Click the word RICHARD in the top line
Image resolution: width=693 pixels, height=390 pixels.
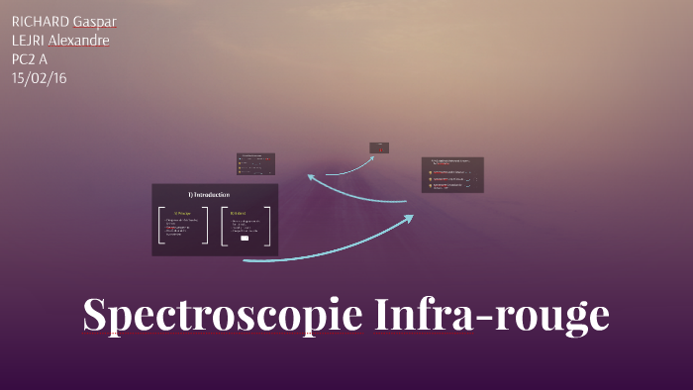click(x=40, y=22)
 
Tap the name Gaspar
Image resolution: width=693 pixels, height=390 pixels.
click(x=95, y=22)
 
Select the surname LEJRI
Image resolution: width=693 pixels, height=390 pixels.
click(x=28, y=40)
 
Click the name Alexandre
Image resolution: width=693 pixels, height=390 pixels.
click(x=79, y=40)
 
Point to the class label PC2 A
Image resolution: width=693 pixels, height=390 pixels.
click(x=30, y=58)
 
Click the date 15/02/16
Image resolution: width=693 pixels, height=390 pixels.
click(x=38, y=77)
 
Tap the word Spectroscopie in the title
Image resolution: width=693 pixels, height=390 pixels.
click(x=224, y=316)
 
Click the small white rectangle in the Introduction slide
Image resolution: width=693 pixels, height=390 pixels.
click(x=244, y=239)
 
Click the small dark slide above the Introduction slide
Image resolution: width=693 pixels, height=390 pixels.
click(x=255, y=164)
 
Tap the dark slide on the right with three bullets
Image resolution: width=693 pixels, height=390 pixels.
click(x=452, y=174)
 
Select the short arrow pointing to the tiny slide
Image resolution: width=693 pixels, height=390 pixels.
click(x=346, y=168)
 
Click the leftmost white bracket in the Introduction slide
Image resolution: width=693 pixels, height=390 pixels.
click(x=160, y=225)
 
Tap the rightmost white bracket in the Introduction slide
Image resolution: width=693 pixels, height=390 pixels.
click(x=267, y=225)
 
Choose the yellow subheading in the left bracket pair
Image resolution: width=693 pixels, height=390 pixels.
click(x=182, y=212)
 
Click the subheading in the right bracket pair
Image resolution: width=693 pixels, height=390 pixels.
click(x=238, y=212)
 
